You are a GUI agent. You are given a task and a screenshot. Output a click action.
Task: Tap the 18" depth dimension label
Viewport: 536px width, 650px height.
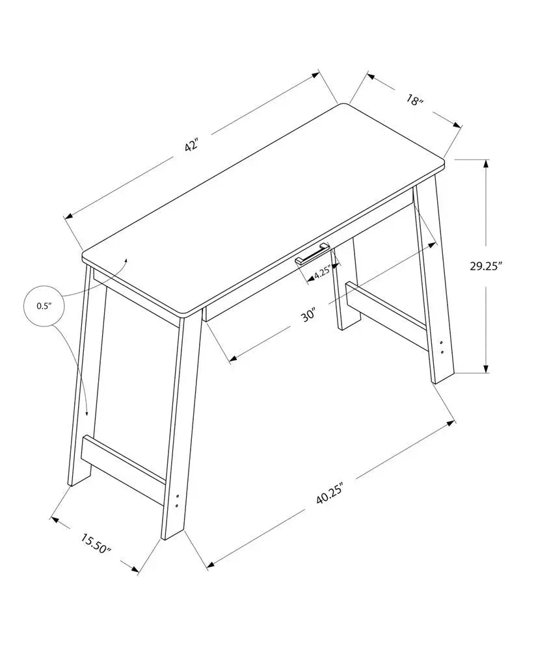click(413, 101)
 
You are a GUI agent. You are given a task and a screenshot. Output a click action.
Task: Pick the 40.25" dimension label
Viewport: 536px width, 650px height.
click(329, 497)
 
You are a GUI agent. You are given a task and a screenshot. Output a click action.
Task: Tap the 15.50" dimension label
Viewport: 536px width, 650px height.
click(96, 543)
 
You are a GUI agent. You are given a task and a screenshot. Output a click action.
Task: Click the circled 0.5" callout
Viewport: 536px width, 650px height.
click(44, 305)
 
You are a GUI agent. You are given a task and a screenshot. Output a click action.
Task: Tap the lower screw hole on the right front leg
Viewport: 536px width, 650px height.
click(442, 352)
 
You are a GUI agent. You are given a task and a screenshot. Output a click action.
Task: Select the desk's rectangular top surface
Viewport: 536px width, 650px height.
click(260, 208)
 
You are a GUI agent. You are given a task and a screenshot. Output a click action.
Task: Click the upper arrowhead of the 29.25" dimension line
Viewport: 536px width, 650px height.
click(486, 163)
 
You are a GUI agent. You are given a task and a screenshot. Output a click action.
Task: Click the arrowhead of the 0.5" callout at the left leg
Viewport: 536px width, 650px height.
click(87, 413)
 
